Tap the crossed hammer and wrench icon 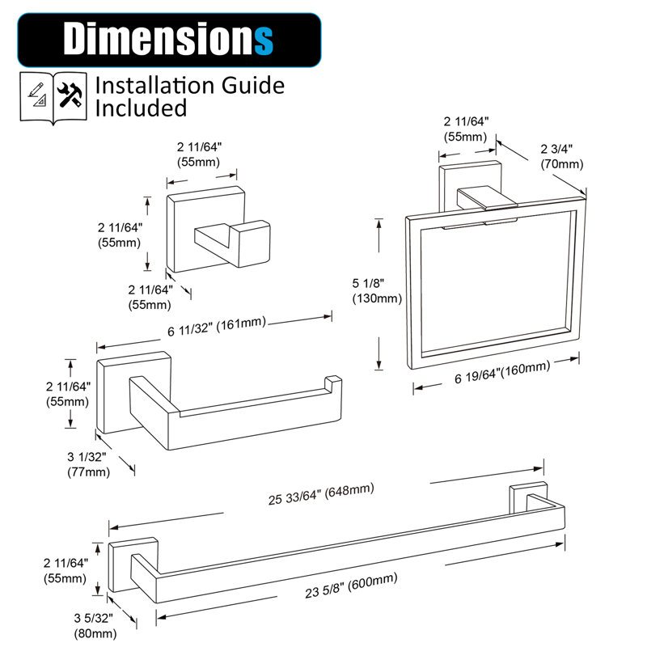pyautogui.click(x=70, y=95)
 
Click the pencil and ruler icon pyautogui.click(x=37, y=94)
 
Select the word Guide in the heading pyautogui.click(x=253, y=86)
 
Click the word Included pyautogui.click(x=141, y=108)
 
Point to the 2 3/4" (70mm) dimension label pyautogui.click(x=561, y=157)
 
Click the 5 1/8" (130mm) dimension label pyautogui.click(x=377, y=290)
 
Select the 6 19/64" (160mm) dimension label pyautogui.click(x=502, y=373)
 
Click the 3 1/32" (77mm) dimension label pyautogui.click(x=88, y=464)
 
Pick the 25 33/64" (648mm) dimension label pyautogui.click(x=321, y=494)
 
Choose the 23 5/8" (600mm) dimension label pyautogui.click(x=351, y=585)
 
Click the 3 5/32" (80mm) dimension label pyautogui.click(x=95, y=625)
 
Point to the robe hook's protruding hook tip pyautogui.click(x=250, y=243)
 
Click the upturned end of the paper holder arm pyautogui.click(x=333, y=383)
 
